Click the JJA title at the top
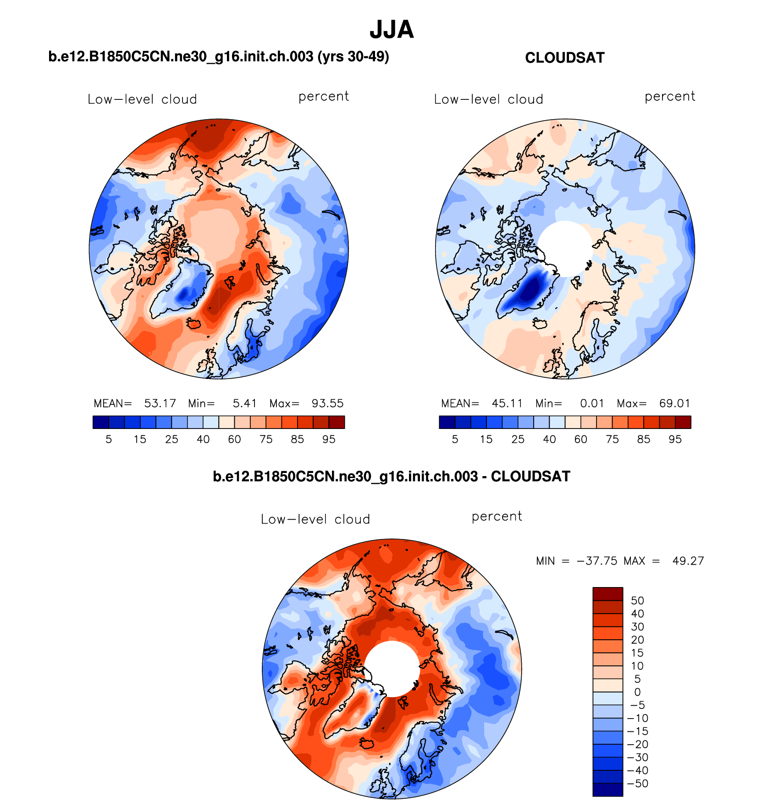(x=392, y=30)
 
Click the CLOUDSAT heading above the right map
(x=564, y=58)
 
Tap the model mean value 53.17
(x=160, y=403)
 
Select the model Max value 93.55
(x=327, y=403)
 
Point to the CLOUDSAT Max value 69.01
(x=674, y=403)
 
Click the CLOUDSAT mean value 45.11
(x=507, y=403)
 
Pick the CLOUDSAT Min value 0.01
(x=592, y=403)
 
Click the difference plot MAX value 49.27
(x=688, y=561)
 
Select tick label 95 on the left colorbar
(x=329, y=439)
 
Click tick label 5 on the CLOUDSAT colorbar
(x=455, y=439)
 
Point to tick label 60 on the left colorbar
(x=234, y=439)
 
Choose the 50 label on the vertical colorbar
(x=637, y=601)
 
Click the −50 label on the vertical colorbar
(x=637, y=784)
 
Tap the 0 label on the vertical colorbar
(x=637, y=692)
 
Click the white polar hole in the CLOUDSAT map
(x=565, y=248)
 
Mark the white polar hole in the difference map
(x=392, y=668)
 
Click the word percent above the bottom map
(x=497, y=516)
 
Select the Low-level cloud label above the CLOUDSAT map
(x=488, y=99)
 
